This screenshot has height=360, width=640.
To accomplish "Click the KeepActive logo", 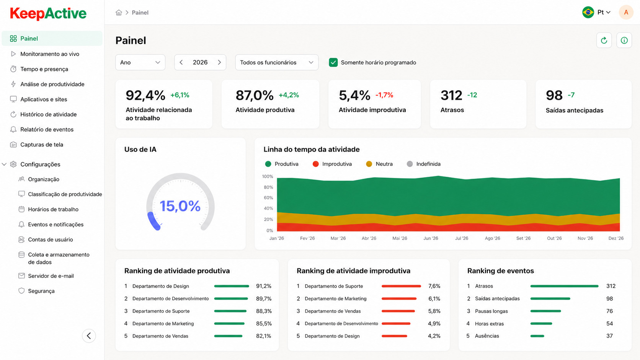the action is pos(48,13).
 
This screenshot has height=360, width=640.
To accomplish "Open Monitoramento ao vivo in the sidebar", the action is pos(50,54).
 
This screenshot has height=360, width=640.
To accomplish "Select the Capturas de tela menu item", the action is pos(42,145).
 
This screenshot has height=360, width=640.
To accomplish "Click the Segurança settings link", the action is pos(41,291).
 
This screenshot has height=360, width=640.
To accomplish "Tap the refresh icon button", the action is pos(604,41).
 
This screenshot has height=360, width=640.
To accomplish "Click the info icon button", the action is pos(624,41).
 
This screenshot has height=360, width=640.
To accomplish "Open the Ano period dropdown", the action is pos(140,62).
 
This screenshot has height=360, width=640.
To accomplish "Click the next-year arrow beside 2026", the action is pos(219,62).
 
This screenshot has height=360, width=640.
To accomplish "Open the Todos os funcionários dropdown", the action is pos(277,62).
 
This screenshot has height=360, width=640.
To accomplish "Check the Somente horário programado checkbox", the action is pos(333,62).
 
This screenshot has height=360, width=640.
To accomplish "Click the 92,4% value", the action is pos(145,95).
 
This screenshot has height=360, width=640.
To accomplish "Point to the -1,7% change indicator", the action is pos(384,95).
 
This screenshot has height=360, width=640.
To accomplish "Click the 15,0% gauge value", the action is pos(180,206).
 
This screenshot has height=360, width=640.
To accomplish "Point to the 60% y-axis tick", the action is pos(268,197).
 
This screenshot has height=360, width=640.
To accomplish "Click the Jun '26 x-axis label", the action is pos(431,238).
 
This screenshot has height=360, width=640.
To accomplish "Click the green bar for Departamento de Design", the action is pos(232,286).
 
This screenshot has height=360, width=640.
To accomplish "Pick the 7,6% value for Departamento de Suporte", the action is pos(434,286).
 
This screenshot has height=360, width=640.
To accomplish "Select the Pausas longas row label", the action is pos(491,311).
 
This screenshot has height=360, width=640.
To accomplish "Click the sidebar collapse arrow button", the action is pos(89,336).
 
